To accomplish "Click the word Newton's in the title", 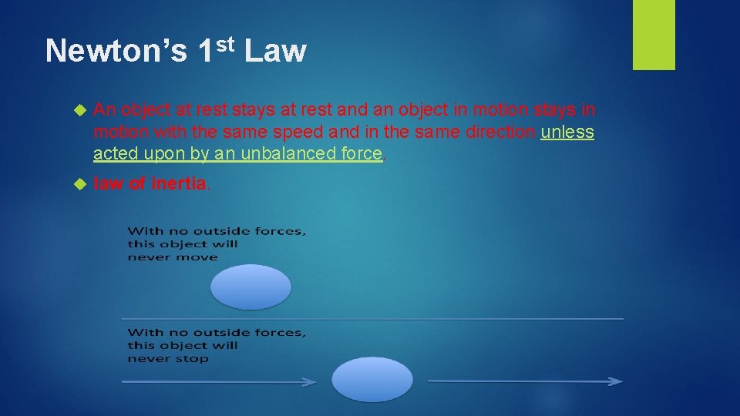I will pyautogui.click(x=116, y=52).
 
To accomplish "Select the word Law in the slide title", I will pyautogui.click(x=276, y=52).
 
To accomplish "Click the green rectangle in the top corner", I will pyautogui.click(x=654, y=35).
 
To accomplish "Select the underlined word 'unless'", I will pyautogui.click(x=567, y=132).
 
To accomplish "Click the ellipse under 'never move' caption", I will pyautogui.click(x=251, y=287).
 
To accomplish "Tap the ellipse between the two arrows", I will pyautogui.click(x=372, y=380).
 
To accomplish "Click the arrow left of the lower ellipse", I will pyautogui.click(x=220, y=381).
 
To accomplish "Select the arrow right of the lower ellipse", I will pyautogui.click(x=525, y=381).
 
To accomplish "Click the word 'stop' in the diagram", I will pyautogui.click(x=193, y=359).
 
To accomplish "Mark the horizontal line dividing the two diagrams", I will pyautogui.click(x=372, y=318).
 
